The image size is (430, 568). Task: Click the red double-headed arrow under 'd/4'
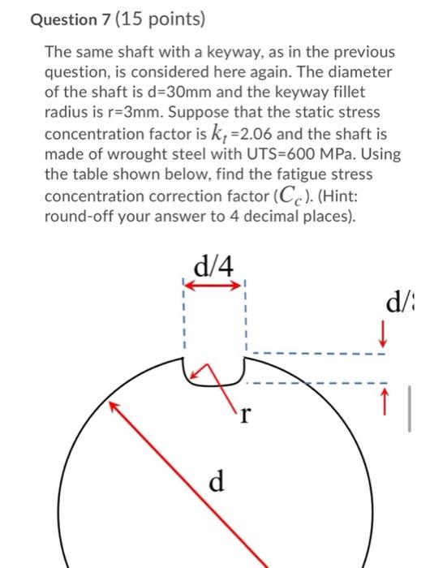(x=213, y=285)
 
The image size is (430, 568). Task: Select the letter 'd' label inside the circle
(x=216, y=482)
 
